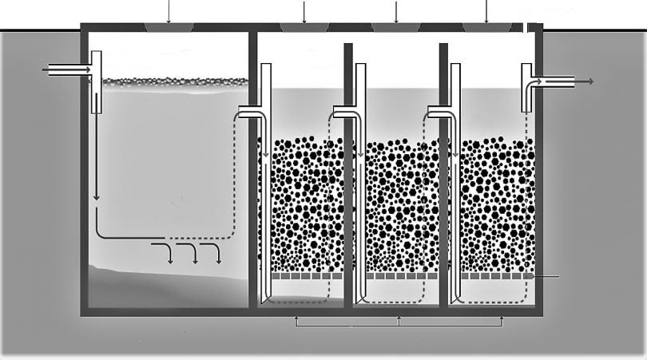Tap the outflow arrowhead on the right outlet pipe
pos(589,81)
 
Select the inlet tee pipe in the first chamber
pos(96,80)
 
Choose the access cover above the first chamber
pos(169,28)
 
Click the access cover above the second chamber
pos(304,28)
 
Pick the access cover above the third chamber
pos(396,28)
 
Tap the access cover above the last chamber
pos(487,28)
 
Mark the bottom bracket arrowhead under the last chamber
pos(502,319)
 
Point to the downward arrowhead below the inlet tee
pos(96,198)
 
